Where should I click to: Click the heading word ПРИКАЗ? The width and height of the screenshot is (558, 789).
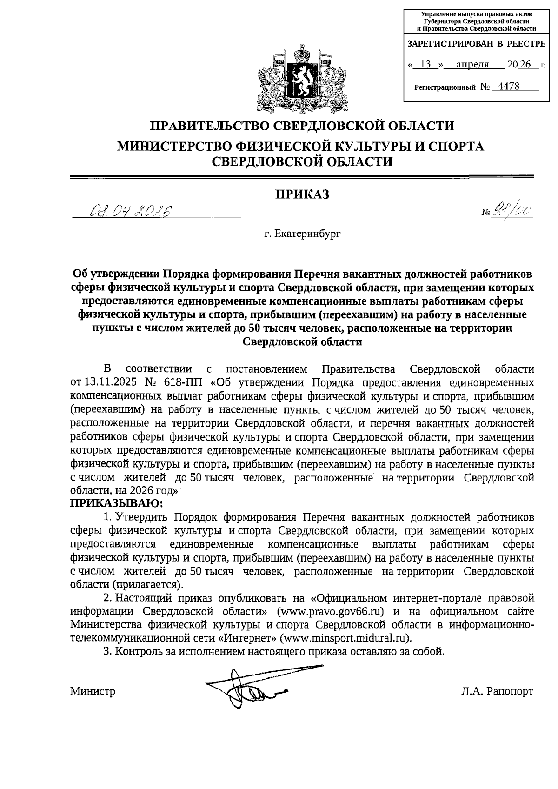click(302, 194)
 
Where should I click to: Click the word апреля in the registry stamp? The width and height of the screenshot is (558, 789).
click(472, 65)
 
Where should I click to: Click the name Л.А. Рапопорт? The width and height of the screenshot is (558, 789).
click(497, 691)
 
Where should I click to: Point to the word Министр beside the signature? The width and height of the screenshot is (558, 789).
click(93, 691)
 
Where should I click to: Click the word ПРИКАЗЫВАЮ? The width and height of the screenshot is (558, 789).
click(116, 503)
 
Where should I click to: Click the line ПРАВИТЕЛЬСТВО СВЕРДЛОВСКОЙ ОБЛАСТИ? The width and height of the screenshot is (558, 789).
click(302, 126)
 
